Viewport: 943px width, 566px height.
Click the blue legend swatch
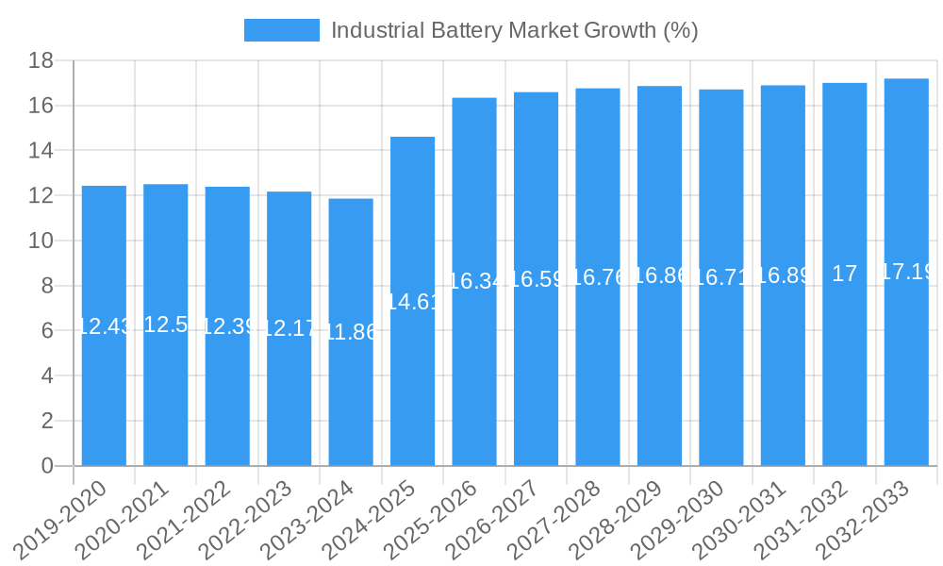[x=281, y=30]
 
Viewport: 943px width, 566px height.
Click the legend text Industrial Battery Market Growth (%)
[x=514, y=30]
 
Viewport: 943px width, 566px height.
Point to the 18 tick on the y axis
[x=41, y=61]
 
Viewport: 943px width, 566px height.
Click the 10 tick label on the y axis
[x=41, y=241]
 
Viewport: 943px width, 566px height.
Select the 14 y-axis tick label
[x=41, y=151]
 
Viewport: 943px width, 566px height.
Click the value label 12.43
[x=104, y=326]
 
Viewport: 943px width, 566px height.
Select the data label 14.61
[x=413, y=302]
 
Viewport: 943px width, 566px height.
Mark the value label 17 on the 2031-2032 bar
[x=845, y=274]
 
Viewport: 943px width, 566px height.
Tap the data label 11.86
[x=351, y=332]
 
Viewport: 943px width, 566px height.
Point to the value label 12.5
[x=166, y=325]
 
